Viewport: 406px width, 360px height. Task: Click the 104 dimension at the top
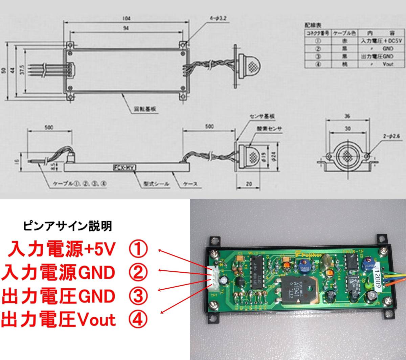(127, 18)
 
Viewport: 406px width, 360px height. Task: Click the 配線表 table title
(313, 25)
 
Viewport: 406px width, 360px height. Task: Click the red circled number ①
(138, 249)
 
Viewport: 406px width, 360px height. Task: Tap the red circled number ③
(138, 296)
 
